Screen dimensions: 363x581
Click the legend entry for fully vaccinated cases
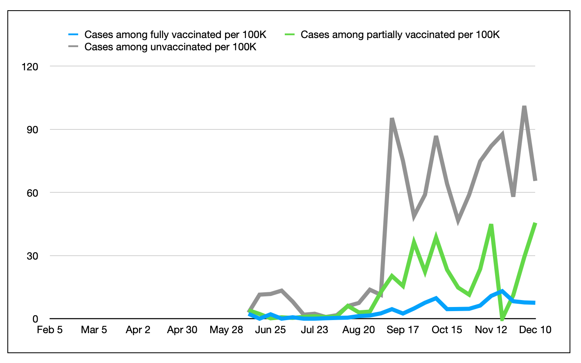click(x=175, y=35)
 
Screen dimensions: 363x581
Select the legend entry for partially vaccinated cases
click(x=400, y=35)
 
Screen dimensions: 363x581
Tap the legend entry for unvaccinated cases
click(x=170, y=47)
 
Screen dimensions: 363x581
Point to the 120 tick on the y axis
click(x=30, y=67)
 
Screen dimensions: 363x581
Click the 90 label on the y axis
click(x=32, y=130)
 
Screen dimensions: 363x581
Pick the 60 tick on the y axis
click(x=32, y=193)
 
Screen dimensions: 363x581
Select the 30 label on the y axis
click(x=32, y=256)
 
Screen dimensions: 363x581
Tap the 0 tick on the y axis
click(x=35, y=319)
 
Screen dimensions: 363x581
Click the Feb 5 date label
click(x=50, y=330)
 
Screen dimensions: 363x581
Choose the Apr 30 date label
click(x=182, y=330)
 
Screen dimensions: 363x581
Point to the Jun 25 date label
click(x=270, y=330)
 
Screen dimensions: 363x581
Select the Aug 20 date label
click(x=358, y=330)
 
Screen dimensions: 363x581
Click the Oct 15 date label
click(x=447, y=330)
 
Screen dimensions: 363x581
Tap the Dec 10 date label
click(x=535, y=330)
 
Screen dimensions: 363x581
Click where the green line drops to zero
click(x=502, y=319)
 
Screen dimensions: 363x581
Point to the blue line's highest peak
click(x=502, y=291)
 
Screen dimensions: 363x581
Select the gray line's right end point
click(x=535, y=180)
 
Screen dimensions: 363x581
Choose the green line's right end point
click(x=535, y=223)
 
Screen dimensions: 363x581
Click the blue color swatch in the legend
click(x=73, y=35)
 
